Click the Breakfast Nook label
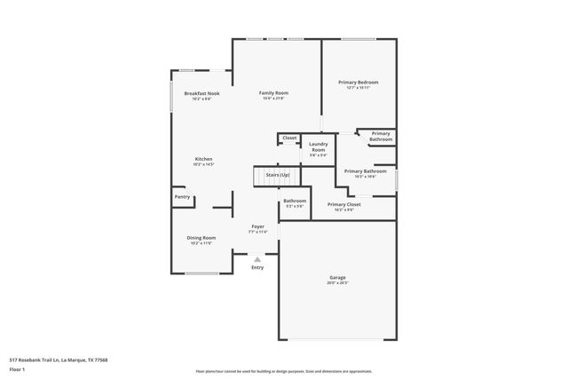click(201, 93)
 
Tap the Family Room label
click(273, 92)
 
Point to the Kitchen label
click(204, 159)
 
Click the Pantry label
click(182, 197)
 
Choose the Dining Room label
click(201, 237)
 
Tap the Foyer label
click(257, 226)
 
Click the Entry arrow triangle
click(257, 259)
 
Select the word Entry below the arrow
click(257, 267)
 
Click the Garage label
click(337, 278)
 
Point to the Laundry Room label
click(319, 147)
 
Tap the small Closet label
click(289, 138)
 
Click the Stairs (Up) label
click(278, 176)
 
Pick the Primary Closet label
click(343, 204)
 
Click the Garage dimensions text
click(337, 283)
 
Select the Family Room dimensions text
click(273, 98)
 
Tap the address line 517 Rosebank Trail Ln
click(59, 359)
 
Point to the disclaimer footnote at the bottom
click(284, 371)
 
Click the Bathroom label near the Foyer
click(295, 201)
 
